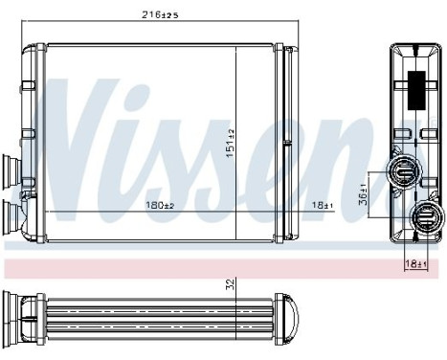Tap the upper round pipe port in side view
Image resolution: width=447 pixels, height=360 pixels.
pos(403,173)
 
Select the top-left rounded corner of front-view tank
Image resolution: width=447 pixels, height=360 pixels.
pos(32,47)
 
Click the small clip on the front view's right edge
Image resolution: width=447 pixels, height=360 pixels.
pos(286,145)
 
